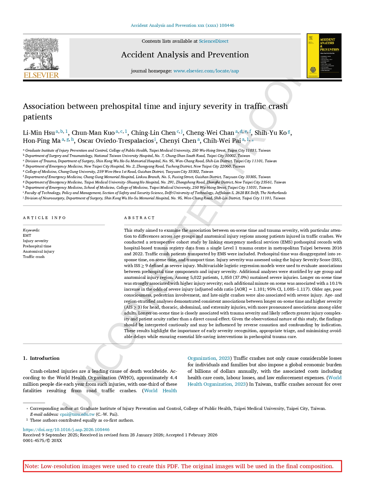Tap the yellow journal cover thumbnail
click(324, 56)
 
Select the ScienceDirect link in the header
click(214, 41)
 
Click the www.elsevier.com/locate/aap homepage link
click(206, 71)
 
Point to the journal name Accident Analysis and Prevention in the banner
click(185, 55)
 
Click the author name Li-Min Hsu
click(39, 133)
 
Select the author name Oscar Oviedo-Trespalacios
click(116, 141)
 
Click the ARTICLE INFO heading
click(44, 218)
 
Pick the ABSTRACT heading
click(139, 218)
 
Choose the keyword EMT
click(27, 236)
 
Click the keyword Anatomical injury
click(39, 251)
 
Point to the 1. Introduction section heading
click(41, 358)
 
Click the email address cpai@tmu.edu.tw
click(77, 414)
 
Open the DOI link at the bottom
click(66, 430)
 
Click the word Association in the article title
click(44, 106)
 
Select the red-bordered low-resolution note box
click(182, 466)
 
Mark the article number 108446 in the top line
click(227, 25)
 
